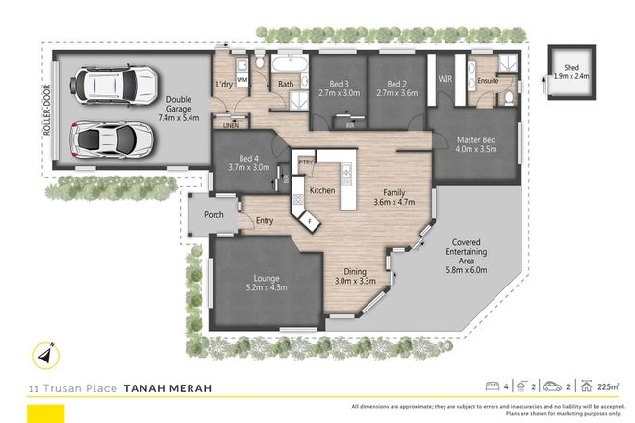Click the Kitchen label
pyautogui.click(x=322, y=191)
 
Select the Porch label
pyautogui.click(x=214, y=215)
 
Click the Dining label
pyautogui.click(x=355, y=275)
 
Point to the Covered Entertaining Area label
pyautogui.click(x=468, y=251)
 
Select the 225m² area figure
pyautogui.click(x=607, y=387)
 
